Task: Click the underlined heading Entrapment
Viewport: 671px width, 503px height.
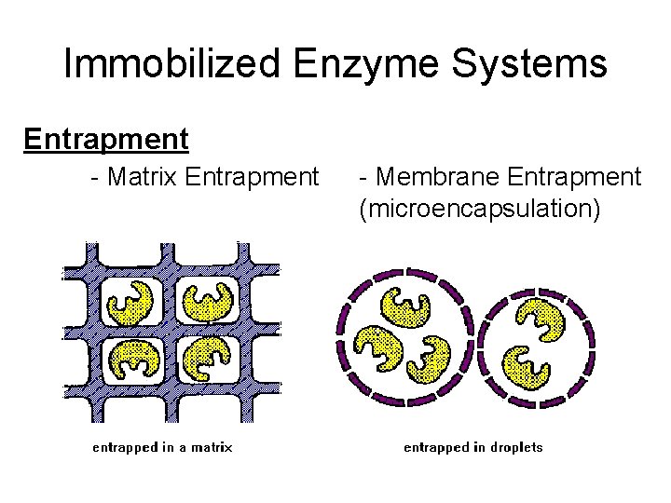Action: [x=106, y=140]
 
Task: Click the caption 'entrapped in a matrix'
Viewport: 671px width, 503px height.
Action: [x=162, y=447]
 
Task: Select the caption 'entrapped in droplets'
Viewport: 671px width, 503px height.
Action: [x=472, y=447]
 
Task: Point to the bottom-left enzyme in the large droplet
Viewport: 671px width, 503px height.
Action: [x=378, y=352]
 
